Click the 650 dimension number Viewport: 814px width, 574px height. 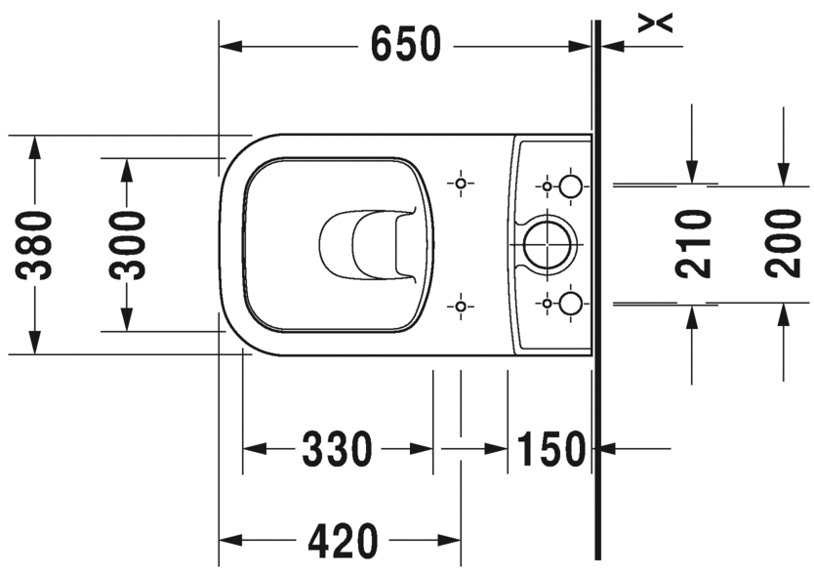pyautogui.click(x=406, y=44)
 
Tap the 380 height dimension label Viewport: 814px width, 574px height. pyautogui.click(x=34, y=245)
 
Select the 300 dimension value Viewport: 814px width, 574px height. pyautogui.click(x=127, y=245)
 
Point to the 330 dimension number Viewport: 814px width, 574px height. pyautogui.click(x=338, y=449)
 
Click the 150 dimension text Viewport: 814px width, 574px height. pyautogui.click(x=551, y=449)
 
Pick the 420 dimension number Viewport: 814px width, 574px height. pyautogui.click(x=343, y=541)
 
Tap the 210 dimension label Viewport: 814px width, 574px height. pyautogui.click(x=693, y=243)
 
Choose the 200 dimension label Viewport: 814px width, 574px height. pyautogui.click(x=784, y=243)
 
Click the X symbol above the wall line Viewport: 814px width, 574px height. pyautogui.click(x=655, y=22)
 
